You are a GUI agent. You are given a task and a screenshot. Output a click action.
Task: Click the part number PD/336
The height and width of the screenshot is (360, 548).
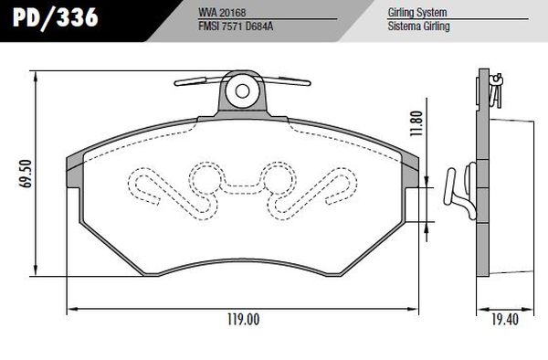tap(55, 17)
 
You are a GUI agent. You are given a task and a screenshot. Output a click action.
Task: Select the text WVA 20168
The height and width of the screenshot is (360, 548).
tap(222, 12)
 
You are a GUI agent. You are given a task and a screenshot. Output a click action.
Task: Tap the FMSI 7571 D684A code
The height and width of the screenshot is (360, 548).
tap(236, 26)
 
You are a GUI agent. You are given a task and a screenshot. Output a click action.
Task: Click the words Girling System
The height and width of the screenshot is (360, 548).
tap(417, 12)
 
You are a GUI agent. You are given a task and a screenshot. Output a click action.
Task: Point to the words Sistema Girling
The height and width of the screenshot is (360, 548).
tap(418, 26)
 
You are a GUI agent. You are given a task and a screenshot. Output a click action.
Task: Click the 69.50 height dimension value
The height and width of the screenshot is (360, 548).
tap(26, 174)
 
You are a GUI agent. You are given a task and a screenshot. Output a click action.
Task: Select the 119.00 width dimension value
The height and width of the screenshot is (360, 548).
tap(244, 320)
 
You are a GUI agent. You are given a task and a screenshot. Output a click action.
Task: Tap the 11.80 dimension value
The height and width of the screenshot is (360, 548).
tap(417, 123)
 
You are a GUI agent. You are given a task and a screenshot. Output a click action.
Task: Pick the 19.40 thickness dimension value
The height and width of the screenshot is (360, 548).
tap(505, 320)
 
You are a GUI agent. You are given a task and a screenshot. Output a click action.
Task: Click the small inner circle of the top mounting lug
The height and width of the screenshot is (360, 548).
tap(242, 91)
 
